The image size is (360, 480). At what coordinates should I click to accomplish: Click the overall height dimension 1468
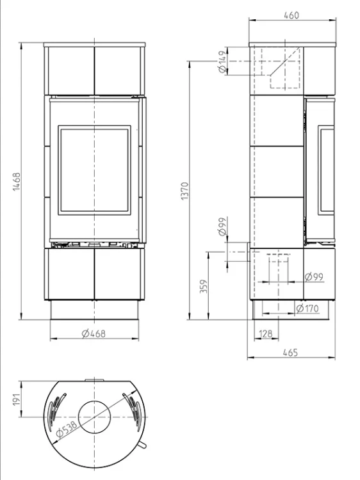click(x=17, y=182)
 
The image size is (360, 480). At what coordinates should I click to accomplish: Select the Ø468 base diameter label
click(x=94, y=333)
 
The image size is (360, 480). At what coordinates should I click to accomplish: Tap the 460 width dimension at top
click(x=291, y=15)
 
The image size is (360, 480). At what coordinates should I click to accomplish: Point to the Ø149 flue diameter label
click(x=222, y=62)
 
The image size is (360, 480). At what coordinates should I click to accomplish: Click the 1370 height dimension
click(x=185, y=191)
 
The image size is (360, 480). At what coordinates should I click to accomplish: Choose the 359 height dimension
click(x=204, y=286)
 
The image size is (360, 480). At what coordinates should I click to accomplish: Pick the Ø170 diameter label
click(x=307, y=308)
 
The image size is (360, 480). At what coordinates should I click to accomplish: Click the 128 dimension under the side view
click(x=266, y=333)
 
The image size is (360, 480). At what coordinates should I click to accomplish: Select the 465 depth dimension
click(x=290, y=353)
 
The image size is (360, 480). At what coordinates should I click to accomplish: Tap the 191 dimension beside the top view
click(x=17, y=399)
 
